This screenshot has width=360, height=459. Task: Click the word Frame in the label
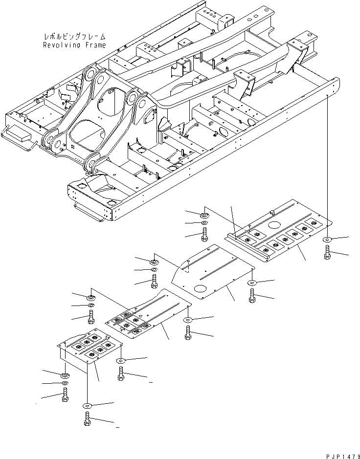(94, 45)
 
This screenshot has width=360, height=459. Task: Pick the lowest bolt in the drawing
(87, 419)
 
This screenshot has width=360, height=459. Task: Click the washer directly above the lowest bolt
(87, 405)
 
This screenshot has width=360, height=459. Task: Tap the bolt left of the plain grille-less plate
(155, 281)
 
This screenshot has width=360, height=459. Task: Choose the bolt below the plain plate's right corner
(252, 296)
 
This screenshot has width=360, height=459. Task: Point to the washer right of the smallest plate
(121, 361)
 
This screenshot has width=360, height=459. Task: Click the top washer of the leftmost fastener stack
(65, 375)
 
